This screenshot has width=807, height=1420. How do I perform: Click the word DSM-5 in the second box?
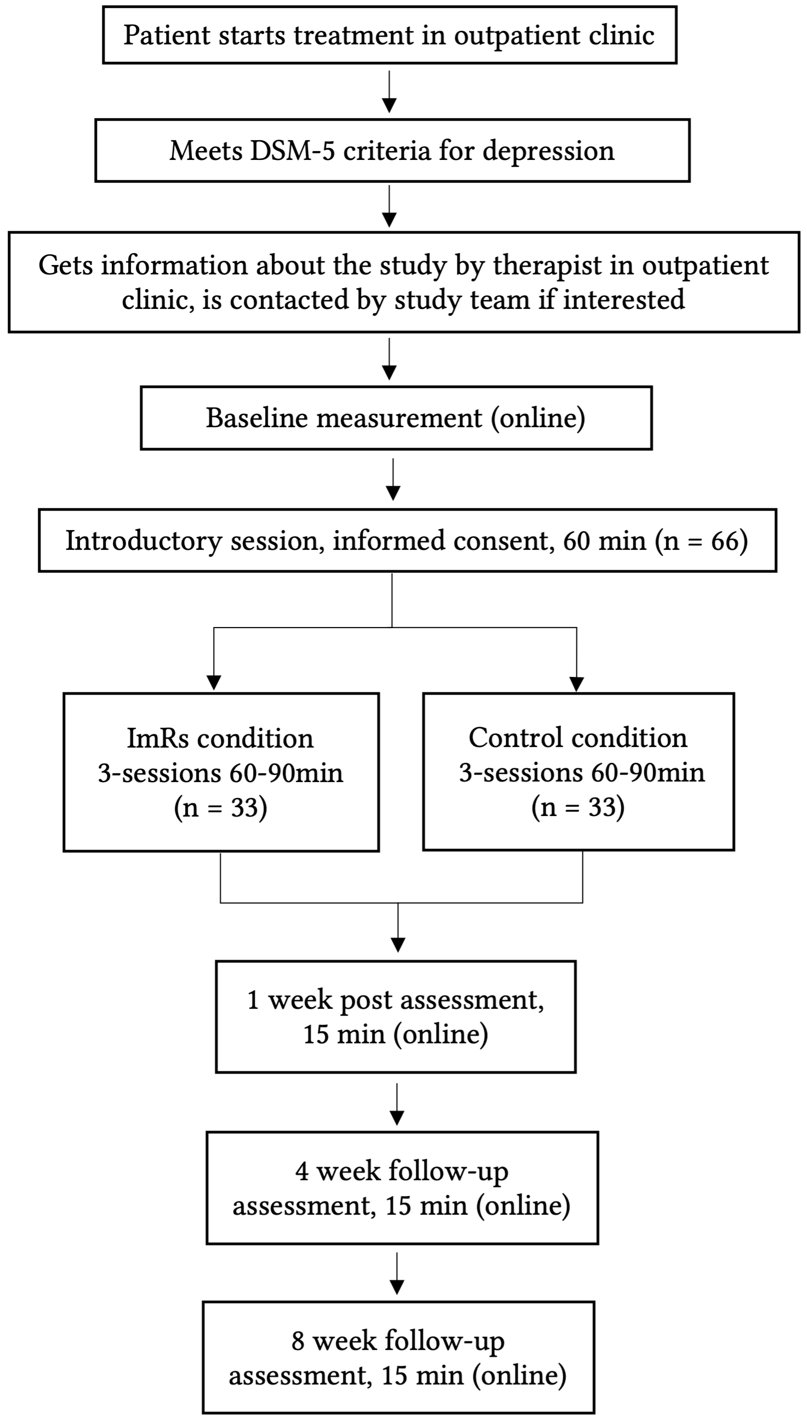tap(293, 151)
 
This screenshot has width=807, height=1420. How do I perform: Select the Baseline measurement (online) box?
tap(396, 418)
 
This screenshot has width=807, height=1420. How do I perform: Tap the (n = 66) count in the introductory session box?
tap(702, 541)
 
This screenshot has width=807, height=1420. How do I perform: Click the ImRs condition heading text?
tap(220, 738)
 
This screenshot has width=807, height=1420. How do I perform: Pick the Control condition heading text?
tap(578, 738)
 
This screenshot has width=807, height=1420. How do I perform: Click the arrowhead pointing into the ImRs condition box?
tap(214, 683)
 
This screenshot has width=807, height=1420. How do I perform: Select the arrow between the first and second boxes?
tap(390, 91)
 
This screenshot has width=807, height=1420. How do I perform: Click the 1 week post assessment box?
tap(396, 1016)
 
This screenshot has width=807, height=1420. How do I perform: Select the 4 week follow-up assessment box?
tap(402, 1188)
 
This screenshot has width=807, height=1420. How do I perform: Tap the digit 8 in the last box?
tap(298, 1341)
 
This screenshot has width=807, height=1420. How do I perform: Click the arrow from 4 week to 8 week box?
tap(397, 1273)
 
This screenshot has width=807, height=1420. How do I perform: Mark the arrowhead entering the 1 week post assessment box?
tap(398, 945)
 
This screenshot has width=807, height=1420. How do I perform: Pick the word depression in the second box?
tap(548, 151)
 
